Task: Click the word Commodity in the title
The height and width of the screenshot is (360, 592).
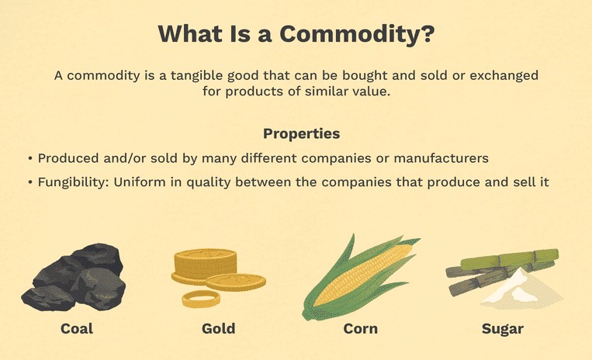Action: pyautogui.click(x=357, y=35)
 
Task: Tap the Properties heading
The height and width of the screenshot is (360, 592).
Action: pyautogui.click(x=301, y=134)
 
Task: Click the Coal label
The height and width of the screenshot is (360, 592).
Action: pyautogui.click(x=77, y=328)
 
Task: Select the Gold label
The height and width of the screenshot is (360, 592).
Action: pyautogui.click(x=218, y=328)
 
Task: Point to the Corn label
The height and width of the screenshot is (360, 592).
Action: pyautogui.click(x=360, y=328)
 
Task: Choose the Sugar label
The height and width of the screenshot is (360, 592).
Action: pyautogui.click(x=502, y=329)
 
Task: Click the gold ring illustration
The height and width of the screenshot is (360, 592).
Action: pyautogui.click(x=201, y=299)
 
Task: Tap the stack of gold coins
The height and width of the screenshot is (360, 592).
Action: pyautogui.click(x=205, y=266)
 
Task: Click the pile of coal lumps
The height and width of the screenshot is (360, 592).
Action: pyautogui.click(x=74, y=277)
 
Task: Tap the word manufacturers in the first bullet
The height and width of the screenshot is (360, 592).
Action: pyautogui.click(x=441, y=158)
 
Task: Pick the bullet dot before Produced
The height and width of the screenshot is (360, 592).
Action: pyautogui.click(x=30, y=158)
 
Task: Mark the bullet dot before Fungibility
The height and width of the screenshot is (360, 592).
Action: pyautogui.click(x=30, y=182)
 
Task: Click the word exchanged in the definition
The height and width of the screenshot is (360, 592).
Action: pyautogui.click(x=504, y=76)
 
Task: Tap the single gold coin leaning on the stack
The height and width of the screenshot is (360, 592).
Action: pyautogui.click(x=236, y=282)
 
